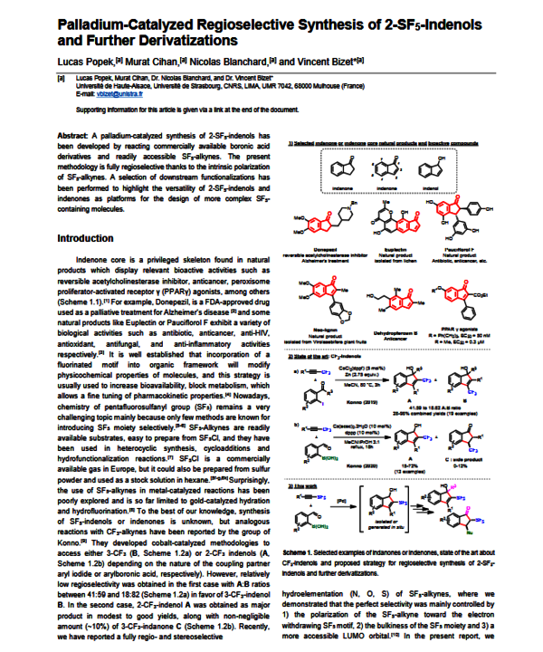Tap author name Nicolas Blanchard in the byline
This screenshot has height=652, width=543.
232,59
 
